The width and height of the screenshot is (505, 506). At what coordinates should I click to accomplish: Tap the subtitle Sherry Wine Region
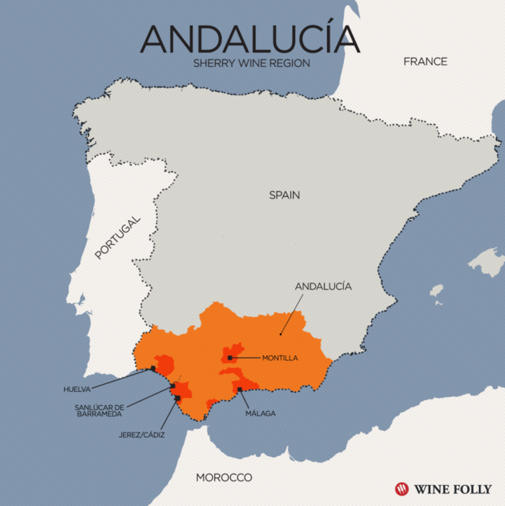[x=251, y=64]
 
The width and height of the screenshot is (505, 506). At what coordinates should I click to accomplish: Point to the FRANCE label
[x=425, y=61]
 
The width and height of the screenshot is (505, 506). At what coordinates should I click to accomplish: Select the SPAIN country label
[x=284, y=195]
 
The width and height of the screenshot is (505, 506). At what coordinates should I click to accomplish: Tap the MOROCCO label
[x=224, y=478]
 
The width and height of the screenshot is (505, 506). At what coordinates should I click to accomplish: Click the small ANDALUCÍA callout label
[x=323, y=287]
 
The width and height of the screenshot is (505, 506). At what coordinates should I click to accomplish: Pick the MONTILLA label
[x=280, y=357]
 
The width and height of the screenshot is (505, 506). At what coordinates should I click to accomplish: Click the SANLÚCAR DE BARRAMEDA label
[x=97, y=411]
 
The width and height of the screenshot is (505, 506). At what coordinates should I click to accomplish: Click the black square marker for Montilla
[x=229, y=357]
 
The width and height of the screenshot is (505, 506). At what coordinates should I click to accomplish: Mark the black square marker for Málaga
[x=240, y=390]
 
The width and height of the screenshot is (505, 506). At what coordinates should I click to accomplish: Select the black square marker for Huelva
[x=152, y=369]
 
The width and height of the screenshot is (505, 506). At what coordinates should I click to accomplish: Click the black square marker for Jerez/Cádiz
[x=177, y=398]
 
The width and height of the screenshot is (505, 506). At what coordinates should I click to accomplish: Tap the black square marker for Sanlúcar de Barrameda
[x=172, y=386]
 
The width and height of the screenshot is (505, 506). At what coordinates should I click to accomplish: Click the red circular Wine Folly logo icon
[x=402, y=489]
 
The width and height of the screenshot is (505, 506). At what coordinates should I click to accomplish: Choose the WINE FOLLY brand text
[x=452, y=489]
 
